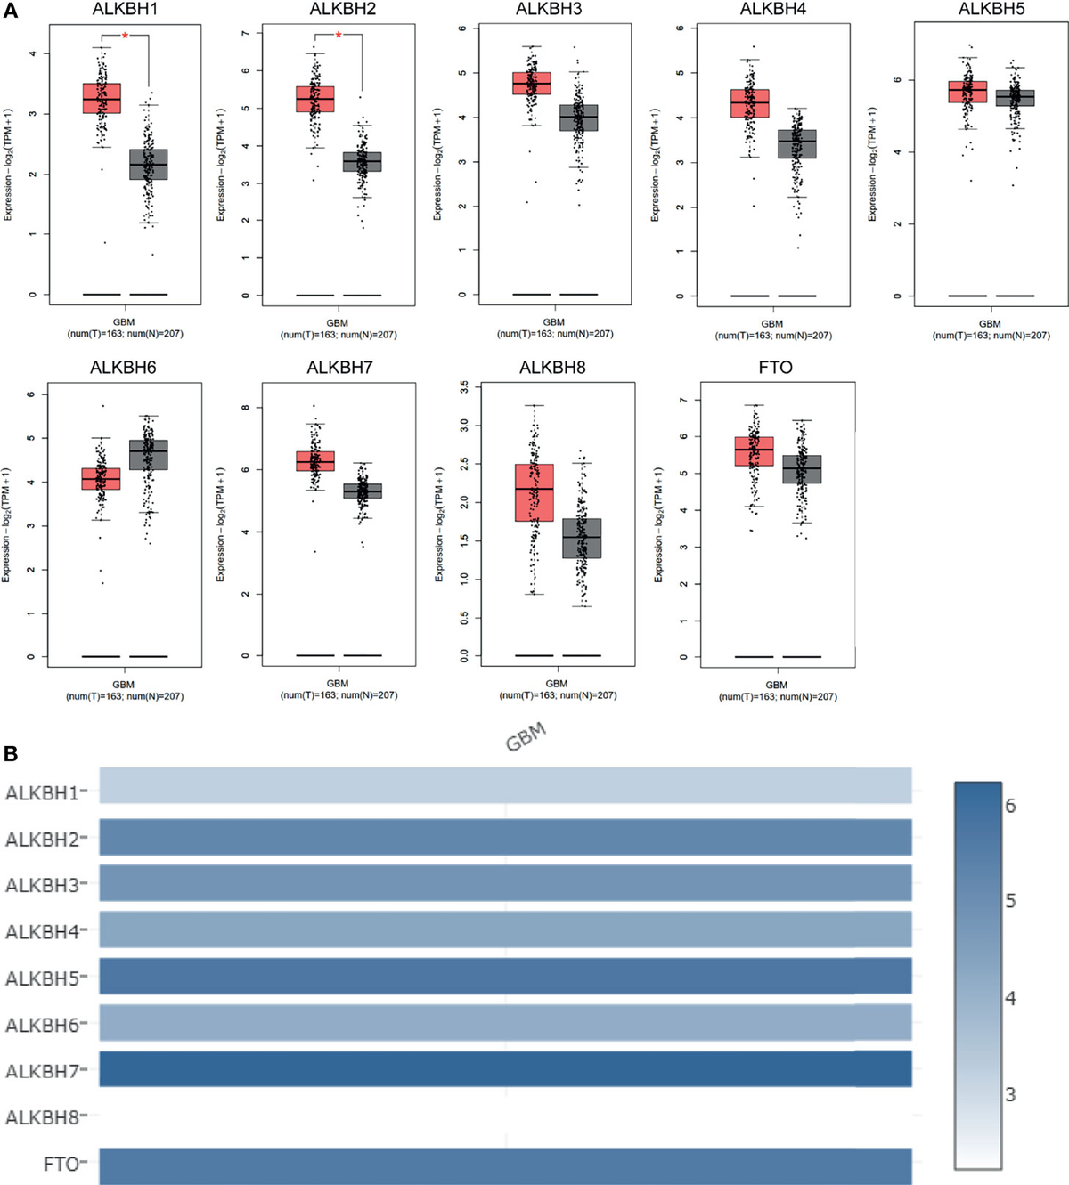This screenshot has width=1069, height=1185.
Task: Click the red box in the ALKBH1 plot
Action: tap(102, 98)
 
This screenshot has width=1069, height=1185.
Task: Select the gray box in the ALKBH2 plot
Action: tap(362, 161)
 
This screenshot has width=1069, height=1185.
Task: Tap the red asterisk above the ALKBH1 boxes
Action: tap(126, 36)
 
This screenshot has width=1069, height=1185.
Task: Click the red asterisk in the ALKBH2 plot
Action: tap(339, 36)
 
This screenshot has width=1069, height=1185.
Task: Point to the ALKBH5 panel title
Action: tap(991, 10)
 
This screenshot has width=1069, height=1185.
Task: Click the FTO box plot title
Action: tap(775, 368)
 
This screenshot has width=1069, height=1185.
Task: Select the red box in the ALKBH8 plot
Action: tap(534, 492)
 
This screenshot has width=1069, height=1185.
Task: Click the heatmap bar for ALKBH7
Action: tap(505, 1068)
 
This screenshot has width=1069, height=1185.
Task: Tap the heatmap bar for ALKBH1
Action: tap(505, 786)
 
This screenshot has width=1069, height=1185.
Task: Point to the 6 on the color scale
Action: tap(1010, 806)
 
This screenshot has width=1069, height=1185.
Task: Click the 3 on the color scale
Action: tap(1010, 1094)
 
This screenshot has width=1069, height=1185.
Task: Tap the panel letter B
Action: tap(10, 754)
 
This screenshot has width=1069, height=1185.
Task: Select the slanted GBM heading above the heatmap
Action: tap(526, 738)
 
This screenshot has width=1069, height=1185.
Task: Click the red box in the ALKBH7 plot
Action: tap(315, 460)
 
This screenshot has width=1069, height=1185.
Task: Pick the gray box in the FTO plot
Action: tap(802, 469)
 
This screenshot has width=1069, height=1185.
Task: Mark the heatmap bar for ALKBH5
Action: tap(505, 975)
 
